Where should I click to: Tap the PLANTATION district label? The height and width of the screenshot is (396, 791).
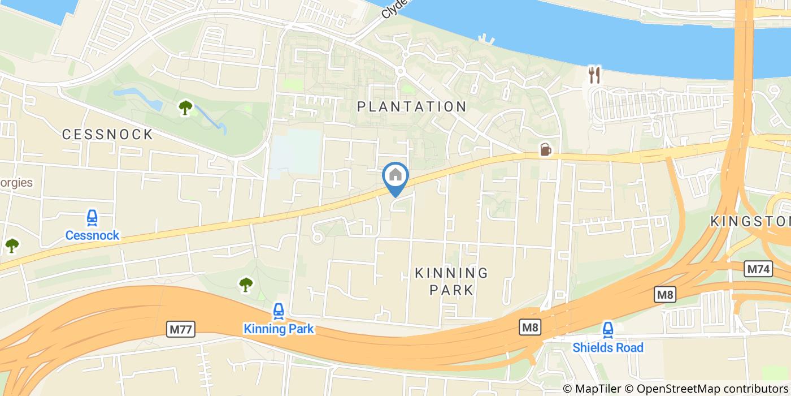(412, 106)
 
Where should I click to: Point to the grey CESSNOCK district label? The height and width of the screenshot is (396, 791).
(107, 135)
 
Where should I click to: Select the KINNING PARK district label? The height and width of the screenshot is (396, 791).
(451, 281)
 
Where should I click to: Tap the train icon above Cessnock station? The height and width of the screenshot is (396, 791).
(92, 218)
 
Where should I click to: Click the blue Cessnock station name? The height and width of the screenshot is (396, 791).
(92, 235)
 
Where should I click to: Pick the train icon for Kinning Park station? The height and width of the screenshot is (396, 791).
(278, 311)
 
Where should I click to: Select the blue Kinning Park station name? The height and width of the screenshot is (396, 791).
(278, 329)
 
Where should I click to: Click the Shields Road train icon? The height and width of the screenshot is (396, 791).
(608, 329)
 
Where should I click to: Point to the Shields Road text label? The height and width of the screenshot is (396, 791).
(608, 347)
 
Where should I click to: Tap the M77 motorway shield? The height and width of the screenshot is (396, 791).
(181, 329)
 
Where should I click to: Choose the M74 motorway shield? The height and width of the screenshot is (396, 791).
(758, 269)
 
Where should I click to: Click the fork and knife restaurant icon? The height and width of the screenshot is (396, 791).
(594, 74)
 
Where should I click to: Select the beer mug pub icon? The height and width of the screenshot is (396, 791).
(545, 149)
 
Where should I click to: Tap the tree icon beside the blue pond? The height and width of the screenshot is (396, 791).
(185, 107)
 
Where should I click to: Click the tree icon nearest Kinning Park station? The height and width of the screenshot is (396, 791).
(246, 285)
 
